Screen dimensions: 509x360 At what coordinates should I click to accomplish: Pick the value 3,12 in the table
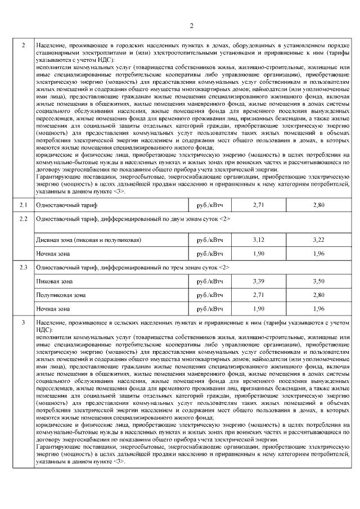pyautogui.click(x=259, y=240)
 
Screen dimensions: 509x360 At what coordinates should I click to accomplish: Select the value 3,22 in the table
pyautogui.click(x=318, y=240)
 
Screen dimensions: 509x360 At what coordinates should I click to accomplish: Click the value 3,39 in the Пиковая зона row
pyautogui.click(x=259, y=280)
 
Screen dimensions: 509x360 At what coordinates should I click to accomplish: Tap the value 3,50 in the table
pyautogui.click(x=318, y=280)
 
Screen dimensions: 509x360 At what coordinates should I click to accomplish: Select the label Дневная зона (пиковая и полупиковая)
pyautogui.click(x=88, y=240)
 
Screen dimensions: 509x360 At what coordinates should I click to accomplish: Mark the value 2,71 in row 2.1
pyautogui.click(x=259, y=205)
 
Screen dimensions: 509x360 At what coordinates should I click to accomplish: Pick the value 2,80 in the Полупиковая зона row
pyautogui.click(x=318, y=295)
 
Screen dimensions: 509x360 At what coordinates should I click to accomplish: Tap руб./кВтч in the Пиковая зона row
pyautogui.click(x=209, y=280)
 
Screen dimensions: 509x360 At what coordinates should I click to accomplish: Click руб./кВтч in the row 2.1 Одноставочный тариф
pyautogui.click(x=209, y=205)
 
